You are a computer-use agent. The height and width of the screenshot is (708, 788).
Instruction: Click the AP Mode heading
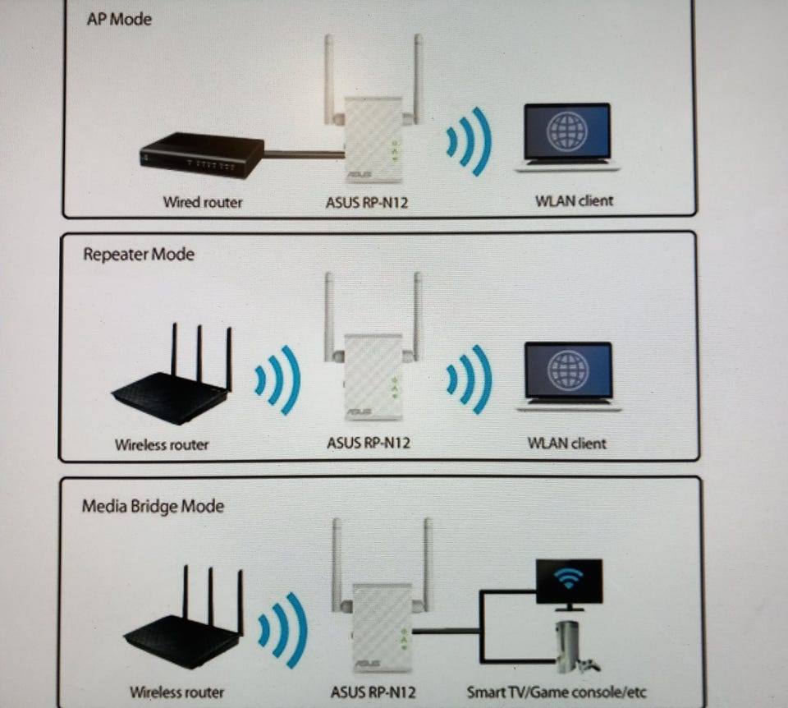[119, 18]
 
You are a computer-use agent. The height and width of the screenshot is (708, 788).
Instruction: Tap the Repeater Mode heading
[139, 254]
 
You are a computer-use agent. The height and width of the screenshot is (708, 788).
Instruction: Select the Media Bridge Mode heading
[153, 506]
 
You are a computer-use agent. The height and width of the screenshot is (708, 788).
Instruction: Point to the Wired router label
[203, 201]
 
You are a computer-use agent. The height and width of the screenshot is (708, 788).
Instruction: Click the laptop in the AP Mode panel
[567, 137]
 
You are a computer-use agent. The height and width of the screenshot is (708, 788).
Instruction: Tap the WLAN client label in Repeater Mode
[566, 444]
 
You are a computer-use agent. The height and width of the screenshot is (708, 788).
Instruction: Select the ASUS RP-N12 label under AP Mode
[367, 202]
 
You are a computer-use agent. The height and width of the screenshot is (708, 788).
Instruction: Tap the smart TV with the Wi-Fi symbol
[568, 582]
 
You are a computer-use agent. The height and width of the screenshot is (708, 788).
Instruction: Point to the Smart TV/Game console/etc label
[557, 692]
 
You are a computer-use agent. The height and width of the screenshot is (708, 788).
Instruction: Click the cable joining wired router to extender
[304, 154]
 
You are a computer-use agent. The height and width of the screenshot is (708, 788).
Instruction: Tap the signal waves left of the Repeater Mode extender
[277, 379]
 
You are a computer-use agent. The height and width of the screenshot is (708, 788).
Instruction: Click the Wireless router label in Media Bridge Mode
[176, 692]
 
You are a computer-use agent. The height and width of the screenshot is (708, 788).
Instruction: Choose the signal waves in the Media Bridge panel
[282, 629]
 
